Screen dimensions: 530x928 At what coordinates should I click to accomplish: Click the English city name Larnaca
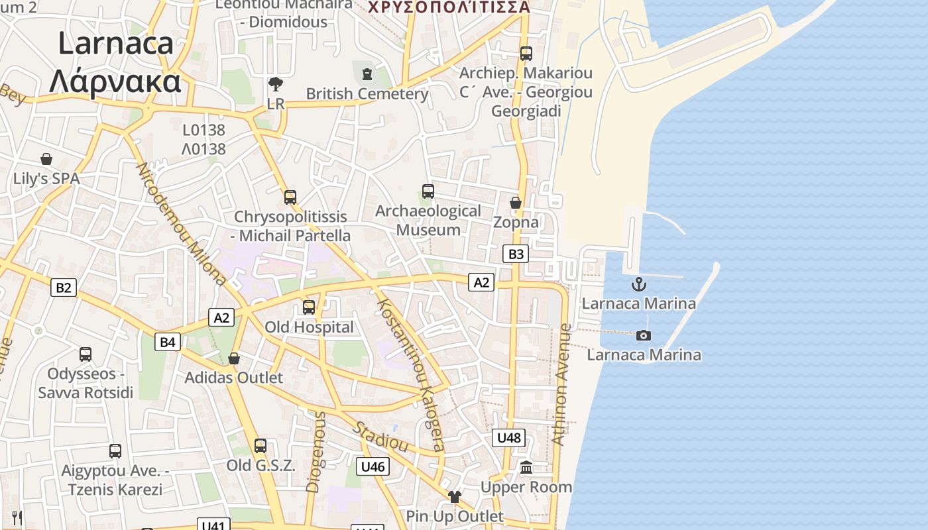[x=116, y=44]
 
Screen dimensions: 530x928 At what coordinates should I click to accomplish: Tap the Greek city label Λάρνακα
[x=115, y=81]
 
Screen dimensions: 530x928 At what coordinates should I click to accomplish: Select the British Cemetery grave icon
[x=367, y=74]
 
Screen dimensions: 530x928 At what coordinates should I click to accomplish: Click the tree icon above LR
[x=275, y=84]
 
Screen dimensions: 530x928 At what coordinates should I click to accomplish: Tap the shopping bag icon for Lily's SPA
[x=46, y=159]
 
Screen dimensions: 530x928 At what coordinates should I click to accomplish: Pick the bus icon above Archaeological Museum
[x=428, y=191]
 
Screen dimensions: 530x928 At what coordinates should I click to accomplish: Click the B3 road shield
[x=515, y=254]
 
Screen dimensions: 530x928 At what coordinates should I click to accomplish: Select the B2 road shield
[x=64, y=288]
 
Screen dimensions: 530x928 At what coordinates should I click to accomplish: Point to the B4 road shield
[x=168, y=342]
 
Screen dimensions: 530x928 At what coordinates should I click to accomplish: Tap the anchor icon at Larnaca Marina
[x=638, y=285]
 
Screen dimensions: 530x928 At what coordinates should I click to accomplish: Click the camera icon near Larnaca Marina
[x=643, y=336]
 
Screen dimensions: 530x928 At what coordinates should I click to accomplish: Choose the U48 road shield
[x=509, y=437]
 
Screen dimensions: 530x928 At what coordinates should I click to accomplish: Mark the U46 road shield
[x=373, y=466]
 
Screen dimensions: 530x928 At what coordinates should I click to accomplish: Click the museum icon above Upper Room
[x=526, y=468]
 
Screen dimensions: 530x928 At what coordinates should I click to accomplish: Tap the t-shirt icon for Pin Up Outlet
[x=454, y=497]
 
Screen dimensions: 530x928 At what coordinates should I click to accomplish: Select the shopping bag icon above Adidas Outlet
[x=233, y=358]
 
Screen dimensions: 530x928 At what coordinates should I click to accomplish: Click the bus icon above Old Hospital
[x=309, y=307]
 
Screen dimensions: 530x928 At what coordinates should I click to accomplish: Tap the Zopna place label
[x=516, y=223]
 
